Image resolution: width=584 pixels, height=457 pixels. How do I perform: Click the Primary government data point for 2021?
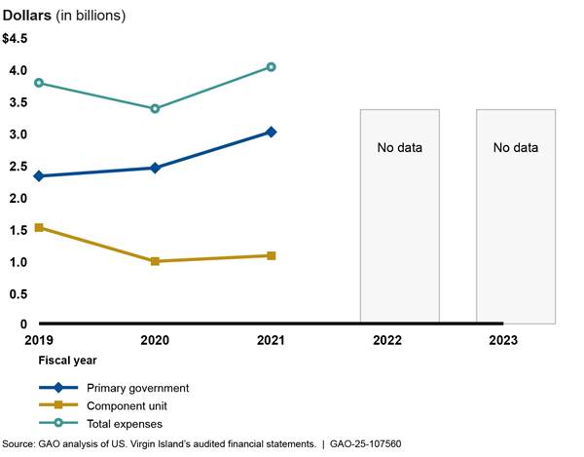[272, 132]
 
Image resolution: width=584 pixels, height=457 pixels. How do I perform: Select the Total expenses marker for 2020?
[155, 108]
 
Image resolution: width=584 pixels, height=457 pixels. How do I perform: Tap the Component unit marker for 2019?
[39, 228]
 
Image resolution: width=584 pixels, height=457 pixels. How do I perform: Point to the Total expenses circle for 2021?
[272, 67]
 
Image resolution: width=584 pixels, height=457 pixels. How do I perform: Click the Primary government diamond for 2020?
[155, 168]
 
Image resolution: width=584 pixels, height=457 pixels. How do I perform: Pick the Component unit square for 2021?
[272, 255]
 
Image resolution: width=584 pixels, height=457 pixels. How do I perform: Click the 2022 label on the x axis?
[387, 341]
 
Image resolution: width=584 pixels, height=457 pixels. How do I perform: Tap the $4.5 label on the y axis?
[16, 38]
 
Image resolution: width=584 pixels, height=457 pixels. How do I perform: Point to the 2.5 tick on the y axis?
[18, 166]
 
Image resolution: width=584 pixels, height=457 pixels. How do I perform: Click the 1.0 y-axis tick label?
[18, 262]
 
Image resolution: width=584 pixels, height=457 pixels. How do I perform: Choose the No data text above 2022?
[400, 148]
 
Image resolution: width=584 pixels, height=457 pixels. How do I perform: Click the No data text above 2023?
[515, 148]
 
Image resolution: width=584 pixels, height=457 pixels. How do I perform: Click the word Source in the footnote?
[19, 444]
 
